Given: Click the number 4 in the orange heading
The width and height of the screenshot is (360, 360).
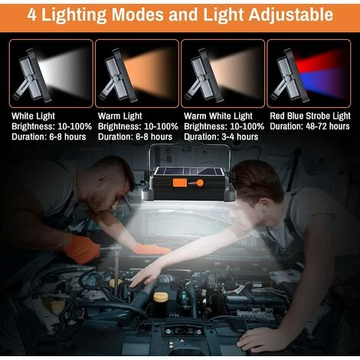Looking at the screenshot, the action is pos(31,15).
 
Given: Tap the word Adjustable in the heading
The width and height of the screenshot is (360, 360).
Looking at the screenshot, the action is pos(291,15).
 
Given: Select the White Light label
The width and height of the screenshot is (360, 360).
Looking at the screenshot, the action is pos(33,116).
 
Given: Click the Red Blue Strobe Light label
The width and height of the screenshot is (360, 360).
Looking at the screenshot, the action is pos(310,116).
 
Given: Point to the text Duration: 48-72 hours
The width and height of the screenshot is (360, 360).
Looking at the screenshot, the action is pos(309,126).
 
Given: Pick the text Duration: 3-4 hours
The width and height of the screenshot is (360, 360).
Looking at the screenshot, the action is pos(221,137).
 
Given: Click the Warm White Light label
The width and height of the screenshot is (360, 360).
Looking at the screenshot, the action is pos(218,116).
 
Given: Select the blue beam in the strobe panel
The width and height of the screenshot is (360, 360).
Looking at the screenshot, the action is pos(322,82).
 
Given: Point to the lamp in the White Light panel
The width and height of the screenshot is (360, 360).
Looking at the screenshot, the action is pos(32,75).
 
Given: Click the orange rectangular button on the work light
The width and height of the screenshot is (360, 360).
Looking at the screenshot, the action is pos(180,183).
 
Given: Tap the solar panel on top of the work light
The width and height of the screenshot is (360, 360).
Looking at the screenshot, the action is pos(189,172).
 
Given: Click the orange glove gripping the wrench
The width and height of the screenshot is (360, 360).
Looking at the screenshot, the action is pos(82,250).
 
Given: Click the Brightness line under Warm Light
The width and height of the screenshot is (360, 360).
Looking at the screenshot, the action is pos(138,126).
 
